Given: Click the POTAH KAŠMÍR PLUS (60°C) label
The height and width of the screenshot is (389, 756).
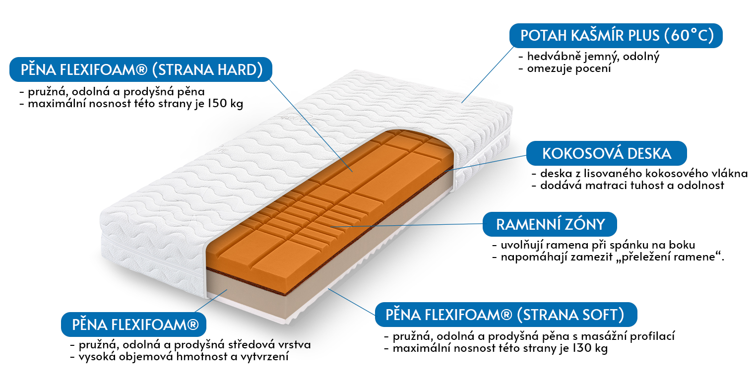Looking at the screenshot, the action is click(x=616, y=35).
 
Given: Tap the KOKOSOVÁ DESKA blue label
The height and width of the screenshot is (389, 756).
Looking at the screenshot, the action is click(x=607, y=153).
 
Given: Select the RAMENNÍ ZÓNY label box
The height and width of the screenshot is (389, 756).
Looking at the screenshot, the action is click(x=550, y=224).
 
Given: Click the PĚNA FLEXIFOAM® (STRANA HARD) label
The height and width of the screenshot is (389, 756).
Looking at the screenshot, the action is click(x=141, y=69).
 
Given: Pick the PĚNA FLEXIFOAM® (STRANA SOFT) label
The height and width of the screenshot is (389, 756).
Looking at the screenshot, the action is click(x=506, y=315).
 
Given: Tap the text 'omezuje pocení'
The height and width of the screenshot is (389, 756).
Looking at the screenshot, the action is click(x=569, y=68).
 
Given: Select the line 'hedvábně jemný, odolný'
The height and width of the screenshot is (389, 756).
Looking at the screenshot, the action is click(x=593, y=57).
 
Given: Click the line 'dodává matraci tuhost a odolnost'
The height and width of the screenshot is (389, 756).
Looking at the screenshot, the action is click(x=632, y=186).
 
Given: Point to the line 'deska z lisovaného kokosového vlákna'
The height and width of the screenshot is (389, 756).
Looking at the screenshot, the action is click(x=644, y=173).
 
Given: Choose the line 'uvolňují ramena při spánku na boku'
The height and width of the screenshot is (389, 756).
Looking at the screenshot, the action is click(x=598, y=245).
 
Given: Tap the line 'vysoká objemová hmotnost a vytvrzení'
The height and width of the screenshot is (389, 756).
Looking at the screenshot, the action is click(x=184, y=357).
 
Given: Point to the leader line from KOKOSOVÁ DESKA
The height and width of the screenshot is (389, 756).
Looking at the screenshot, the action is click(x=485, y=163).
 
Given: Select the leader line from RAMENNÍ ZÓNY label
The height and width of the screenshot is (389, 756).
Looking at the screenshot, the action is click(x=407, y=226).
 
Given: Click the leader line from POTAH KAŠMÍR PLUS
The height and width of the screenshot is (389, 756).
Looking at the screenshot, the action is click(x=488, y=74).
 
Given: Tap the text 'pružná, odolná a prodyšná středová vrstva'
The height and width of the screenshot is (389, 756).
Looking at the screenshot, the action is click(x=195, y=345).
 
